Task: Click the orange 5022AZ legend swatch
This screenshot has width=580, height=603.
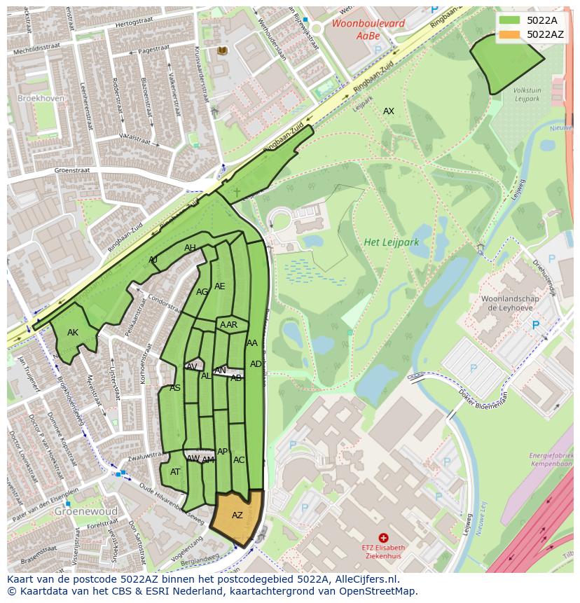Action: pyautogui.click(x=511, y=34)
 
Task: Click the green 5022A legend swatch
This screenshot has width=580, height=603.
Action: pyautogui.click(x=511, y=20)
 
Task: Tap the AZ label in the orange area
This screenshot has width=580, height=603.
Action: pyautogui.click(x=237, y=515)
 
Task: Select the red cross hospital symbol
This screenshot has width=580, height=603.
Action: pyautogui.click(x=383, y=537)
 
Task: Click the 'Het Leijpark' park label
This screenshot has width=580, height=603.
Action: pyautogui.click(x=391, y=242)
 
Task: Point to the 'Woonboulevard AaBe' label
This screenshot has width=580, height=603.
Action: pyautogui.click(x=359, y=29)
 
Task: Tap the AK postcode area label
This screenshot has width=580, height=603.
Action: pyautogui.click(x=73, y=333)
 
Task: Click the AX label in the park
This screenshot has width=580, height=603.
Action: pyautogui.click(x=388, y=111)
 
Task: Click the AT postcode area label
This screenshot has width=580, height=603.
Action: pyautogui.click(x=175, y=472)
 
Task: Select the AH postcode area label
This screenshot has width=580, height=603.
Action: pyautogui.click(x=190, y=248)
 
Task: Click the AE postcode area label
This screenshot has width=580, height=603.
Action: pyautogui.click(x=220, y=286)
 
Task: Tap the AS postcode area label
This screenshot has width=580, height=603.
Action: pyautogui.click(x=175, y=388)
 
